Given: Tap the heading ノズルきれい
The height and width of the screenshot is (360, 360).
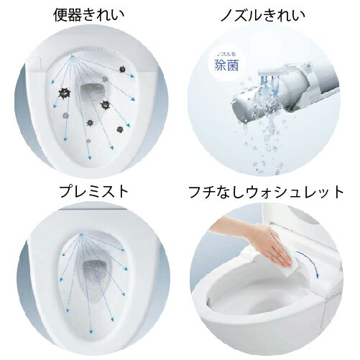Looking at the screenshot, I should coord(269,14).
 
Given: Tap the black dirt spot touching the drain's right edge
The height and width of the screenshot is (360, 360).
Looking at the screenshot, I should coord(106,105).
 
